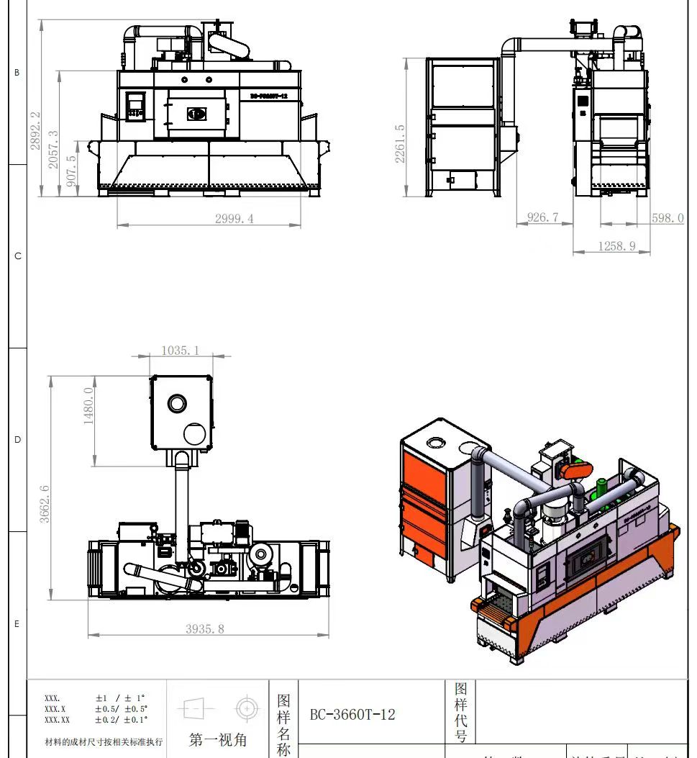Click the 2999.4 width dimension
tap(234, 219)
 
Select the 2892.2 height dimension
tap(35, 130)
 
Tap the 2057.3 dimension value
tap(53, 145)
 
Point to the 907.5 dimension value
tap(70, 171)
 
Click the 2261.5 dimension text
tap(400, 143)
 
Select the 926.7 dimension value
tap(542, 217)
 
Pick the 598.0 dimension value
tap(667, 217)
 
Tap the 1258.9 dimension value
tap(616, 246)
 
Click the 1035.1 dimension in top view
tap(180, 351)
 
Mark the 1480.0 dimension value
tap(88, 406)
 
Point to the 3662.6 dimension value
tap(45, 504)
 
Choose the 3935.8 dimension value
tap(205, 628)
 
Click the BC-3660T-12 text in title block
tap(352, 715)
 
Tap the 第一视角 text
tap(218, 739)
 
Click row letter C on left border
tap(18, 256)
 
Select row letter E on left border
tap(18, 624)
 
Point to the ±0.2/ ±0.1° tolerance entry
tap(121, 719)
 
